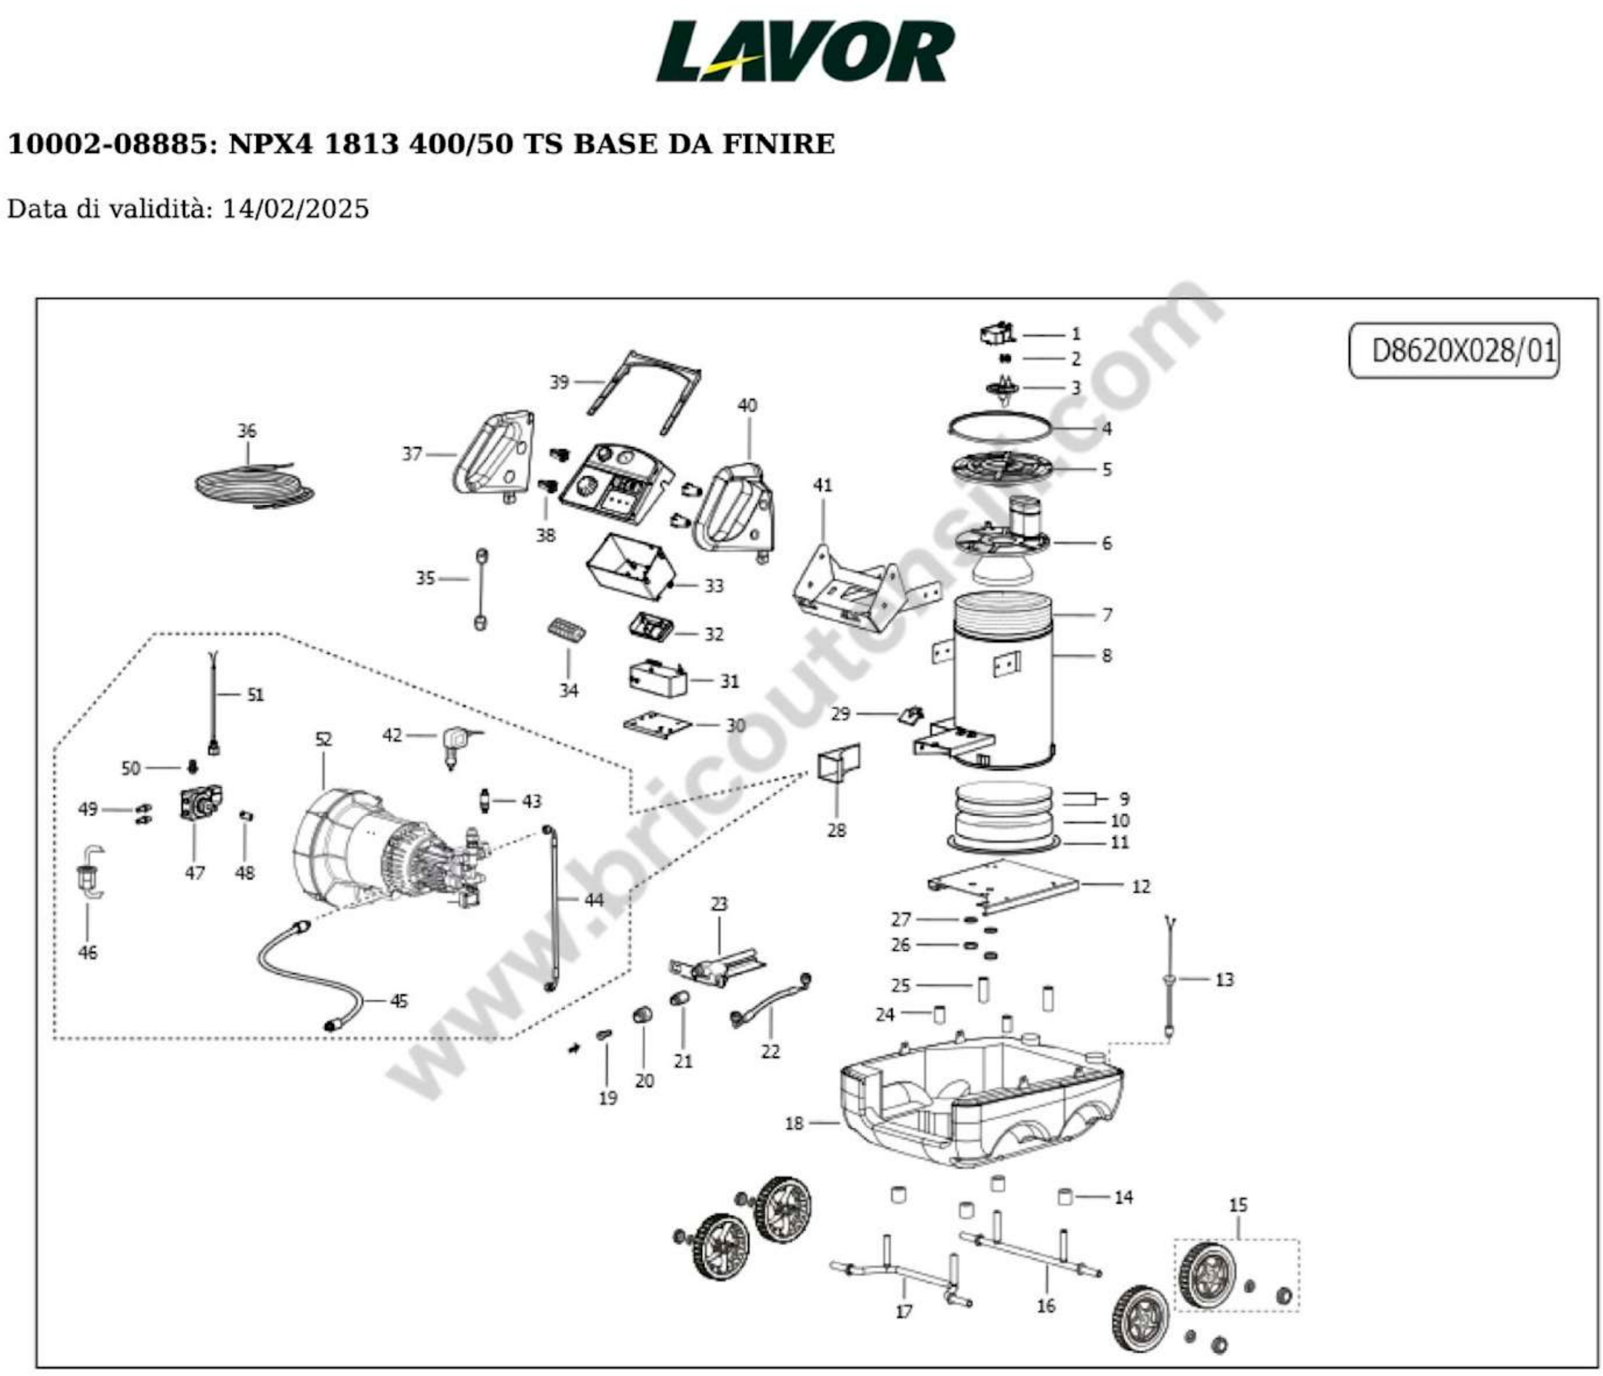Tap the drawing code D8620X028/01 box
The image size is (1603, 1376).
1454,351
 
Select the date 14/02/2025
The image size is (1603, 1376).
296,209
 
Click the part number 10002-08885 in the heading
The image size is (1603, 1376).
107,144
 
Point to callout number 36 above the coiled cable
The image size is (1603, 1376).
246,431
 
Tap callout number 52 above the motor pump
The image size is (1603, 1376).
323,740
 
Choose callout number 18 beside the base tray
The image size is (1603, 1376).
795,1123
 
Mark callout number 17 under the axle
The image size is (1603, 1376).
904,1312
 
